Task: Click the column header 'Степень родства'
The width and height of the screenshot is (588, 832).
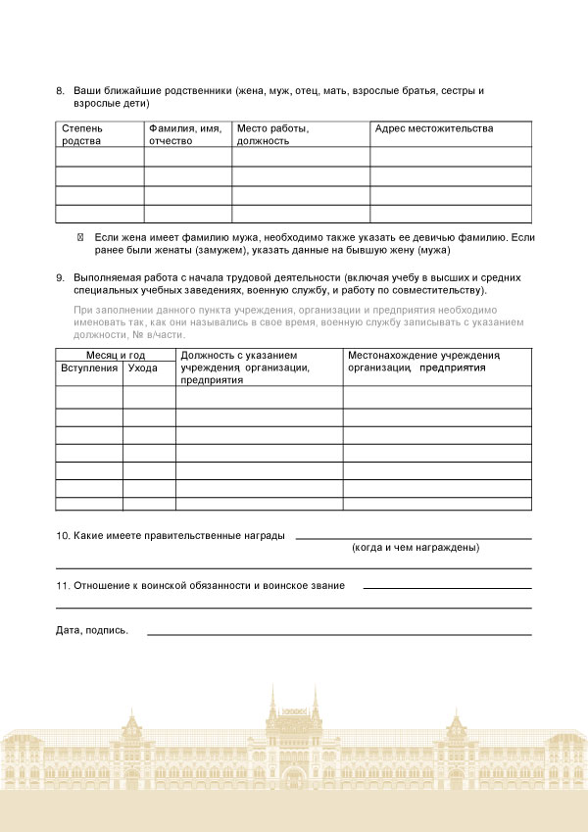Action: click(x=82, y=134)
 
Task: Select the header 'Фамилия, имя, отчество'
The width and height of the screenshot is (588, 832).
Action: click(x=185, y=134)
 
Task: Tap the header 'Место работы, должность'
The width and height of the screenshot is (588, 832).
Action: click(x=273, y=134)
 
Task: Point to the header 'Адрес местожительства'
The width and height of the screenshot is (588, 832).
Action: click(x=434, y=128)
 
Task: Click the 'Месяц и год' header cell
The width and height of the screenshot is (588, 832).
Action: click(x=116, y=354)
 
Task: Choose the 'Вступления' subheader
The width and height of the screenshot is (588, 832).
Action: click(x=89, y=367)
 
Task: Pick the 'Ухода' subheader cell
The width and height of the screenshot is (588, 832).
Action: click(x=143, y=367)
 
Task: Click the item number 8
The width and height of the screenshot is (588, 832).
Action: click(x=60, y=91)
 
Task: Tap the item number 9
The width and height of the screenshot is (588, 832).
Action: click(x=60, y=277)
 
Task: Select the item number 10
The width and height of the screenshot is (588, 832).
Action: click(x=62, y=535)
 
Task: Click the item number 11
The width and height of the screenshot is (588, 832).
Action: click(x=62, y=585)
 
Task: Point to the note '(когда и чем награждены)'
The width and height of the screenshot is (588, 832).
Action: click(x=416, y=548)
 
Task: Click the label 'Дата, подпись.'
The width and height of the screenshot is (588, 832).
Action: click(x=92, y=630)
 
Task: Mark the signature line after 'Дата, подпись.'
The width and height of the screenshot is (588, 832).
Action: click(x=339, y=634)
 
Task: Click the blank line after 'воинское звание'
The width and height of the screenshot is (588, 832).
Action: click(x=447, y=588)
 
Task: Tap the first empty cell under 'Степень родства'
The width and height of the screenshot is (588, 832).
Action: click(x=100, y=157)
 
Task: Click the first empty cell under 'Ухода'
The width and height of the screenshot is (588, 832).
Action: click(x=149, y=397)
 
